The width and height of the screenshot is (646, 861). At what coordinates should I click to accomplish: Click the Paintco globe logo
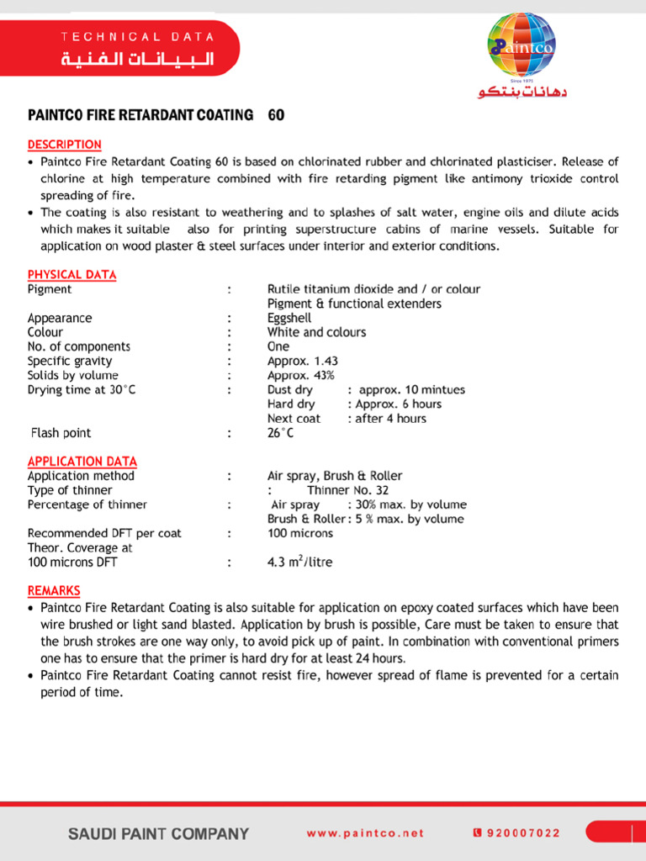(522, 46)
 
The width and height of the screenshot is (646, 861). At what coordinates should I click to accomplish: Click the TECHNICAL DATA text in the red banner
(137, 37)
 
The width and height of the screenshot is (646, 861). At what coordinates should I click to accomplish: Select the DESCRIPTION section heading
(64, 145)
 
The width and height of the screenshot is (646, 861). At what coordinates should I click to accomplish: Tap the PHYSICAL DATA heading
(71, 275)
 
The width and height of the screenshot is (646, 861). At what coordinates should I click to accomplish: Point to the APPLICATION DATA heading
(82, 462)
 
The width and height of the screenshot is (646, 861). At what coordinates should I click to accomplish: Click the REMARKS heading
(54, 591)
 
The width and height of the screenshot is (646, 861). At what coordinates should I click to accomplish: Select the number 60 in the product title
(276, 115)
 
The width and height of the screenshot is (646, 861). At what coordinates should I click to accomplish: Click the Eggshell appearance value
(289, 319)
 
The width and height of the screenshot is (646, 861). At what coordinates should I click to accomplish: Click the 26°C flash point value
(281, 433)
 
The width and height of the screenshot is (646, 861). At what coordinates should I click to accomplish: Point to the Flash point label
(61, 433)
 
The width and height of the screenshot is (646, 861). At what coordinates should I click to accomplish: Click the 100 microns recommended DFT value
(299, 533)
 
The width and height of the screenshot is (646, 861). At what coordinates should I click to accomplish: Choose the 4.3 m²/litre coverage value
(299, 562)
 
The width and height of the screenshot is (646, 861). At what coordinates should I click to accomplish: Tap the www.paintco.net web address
(365, 833)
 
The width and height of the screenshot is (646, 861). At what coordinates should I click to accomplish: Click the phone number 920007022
(522, 833)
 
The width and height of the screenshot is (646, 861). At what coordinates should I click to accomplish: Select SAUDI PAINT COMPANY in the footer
(158, 834)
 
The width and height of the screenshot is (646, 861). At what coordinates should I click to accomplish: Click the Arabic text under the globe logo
(522, 92)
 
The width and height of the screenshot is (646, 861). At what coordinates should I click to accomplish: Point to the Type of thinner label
(70, 490)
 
